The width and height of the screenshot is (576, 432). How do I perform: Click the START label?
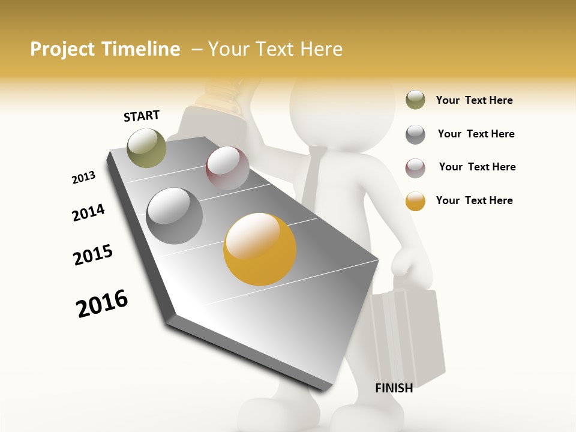point(142,116)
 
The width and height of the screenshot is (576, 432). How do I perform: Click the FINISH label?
point(394,388)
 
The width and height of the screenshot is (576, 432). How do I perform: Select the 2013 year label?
point(83,178)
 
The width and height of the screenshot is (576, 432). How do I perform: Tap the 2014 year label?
point(88,212)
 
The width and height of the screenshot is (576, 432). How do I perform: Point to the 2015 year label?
point(93,255)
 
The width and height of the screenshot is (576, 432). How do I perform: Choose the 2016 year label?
point(102,303)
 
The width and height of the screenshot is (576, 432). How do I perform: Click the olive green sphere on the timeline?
point(147,148)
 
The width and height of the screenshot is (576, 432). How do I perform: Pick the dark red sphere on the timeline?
point(227,168)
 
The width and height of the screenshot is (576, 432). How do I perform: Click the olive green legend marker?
point(415,100)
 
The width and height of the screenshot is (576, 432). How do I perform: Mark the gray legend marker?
point(415,134)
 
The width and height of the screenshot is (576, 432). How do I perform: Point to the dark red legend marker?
point(415,167)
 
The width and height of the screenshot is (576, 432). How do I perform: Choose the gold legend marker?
point(415,201)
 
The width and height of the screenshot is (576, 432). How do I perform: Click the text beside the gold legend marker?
point(474,200)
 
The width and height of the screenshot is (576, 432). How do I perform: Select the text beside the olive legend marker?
point(474,100)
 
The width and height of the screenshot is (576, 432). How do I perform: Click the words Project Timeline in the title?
point(105,49)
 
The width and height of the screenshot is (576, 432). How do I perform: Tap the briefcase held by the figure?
point(408,336)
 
